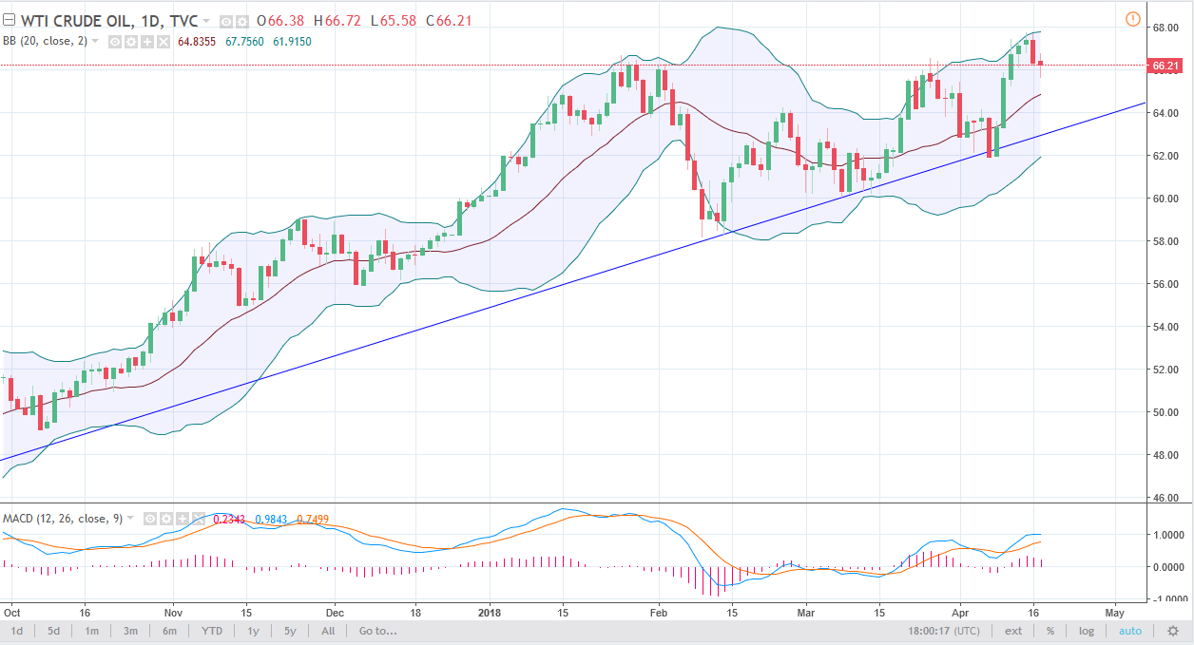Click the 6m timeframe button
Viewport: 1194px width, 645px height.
[169, 631]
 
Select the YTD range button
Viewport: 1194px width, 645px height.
[211, 631]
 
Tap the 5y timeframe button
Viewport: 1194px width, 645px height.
[289, 631]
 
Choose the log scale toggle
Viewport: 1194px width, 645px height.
[1087, 631]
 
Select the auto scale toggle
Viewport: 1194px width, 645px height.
[1130, 631]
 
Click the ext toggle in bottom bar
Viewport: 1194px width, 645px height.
[1014, 631]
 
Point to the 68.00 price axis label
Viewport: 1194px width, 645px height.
[1165, 28]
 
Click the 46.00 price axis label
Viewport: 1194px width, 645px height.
[1165, 497]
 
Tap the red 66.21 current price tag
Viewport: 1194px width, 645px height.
[1165, 66]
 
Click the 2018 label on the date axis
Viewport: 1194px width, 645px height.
[492, 614]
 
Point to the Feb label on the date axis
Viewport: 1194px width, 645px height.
[658, 614]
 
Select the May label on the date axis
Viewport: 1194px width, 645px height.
[1114, 614]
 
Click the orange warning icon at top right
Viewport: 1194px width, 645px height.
[1132, 19]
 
